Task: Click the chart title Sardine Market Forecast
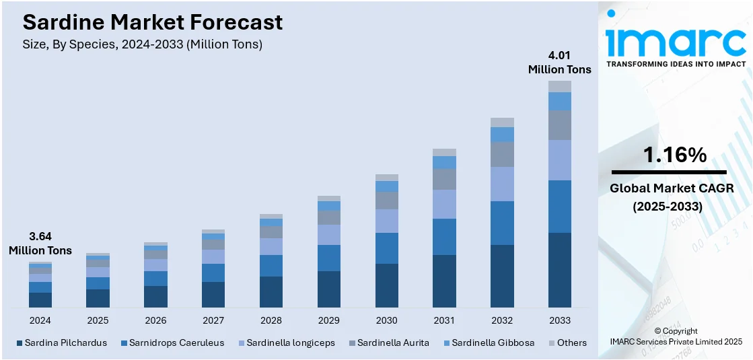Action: click(153, 22)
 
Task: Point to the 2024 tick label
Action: click(40, 320)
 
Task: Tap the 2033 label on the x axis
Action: click(560, 320)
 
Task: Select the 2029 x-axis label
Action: click(328, 320)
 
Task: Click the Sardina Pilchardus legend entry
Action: click(61, 343)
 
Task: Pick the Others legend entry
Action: click(567, 343)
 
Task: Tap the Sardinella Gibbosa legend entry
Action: click(488, 343)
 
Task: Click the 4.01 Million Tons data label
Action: click(559, 62)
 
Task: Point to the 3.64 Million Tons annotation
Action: click(40, 244)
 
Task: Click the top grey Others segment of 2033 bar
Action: click(560, 86)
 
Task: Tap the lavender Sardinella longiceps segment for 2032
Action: click(502, 184)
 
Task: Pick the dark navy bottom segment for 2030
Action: click(386, 286)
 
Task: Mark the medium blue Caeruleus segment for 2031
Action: click(444, 237)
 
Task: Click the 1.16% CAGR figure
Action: click(675, 155)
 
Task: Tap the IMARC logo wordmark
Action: click(676, 42)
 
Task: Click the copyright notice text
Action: click(676, 336)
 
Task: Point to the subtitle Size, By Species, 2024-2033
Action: click(143, 44)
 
